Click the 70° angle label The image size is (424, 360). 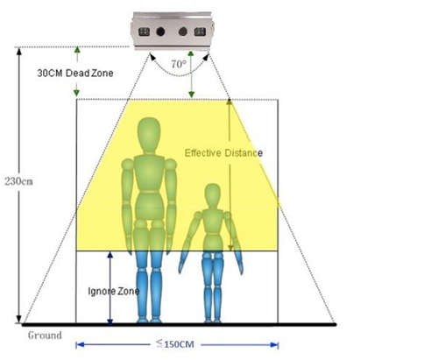tap(179, 64)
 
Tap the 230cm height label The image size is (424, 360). tap(18, 181)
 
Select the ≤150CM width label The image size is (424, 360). tap(175, 343)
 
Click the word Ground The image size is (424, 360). tap(45, 335)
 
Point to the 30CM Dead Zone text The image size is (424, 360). tap(75, 73)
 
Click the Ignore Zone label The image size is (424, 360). tap(113, 291)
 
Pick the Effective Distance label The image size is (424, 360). tap(223, 153)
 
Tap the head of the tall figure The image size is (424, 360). tap(149, 134)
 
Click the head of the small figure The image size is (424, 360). tap(212, 195)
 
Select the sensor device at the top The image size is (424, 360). tap(173, 31)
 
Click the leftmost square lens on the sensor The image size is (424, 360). tap(144, 32)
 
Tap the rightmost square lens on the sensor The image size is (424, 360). tap(200, 32)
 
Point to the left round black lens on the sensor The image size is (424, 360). tap(160, 32)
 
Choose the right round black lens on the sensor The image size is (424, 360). tap(183, 32)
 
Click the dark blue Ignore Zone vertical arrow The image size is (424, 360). tap(110, 288)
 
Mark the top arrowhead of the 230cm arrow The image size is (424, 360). tap(19, 51)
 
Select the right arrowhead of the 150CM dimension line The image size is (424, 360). tap(274, 345)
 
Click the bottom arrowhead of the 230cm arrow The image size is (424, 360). tap(19, 319)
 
